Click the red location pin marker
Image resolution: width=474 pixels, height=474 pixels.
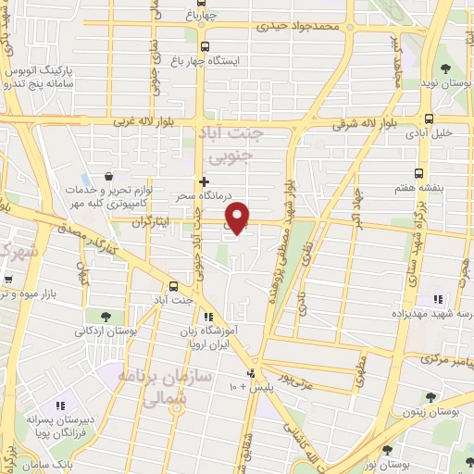239,217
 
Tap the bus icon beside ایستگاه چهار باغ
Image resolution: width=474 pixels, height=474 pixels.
205,45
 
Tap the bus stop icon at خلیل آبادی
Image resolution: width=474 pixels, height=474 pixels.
429,118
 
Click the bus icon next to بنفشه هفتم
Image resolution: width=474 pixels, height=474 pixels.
418,173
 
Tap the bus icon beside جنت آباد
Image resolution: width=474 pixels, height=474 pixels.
175,286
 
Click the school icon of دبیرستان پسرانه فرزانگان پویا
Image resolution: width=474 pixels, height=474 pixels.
62,405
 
